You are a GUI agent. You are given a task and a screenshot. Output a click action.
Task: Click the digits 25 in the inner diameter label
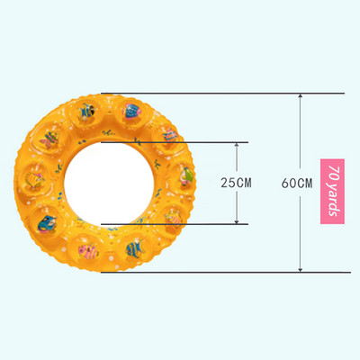229,183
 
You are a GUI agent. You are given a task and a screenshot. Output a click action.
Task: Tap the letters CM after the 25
244,183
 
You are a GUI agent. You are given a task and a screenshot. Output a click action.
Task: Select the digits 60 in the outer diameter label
289,183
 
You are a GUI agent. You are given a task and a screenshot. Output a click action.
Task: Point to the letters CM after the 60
304,183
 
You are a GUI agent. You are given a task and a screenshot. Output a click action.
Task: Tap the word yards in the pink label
333,199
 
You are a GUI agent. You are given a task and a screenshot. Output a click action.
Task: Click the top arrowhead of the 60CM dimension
301,96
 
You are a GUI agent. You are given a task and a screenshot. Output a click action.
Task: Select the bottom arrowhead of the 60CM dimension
301,269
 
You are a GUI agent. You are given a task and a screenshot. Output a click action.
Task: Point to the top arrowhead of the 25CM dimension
237,146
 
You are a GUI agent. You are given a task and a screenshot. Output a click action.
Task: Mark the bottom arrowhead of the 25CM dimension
237,220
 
